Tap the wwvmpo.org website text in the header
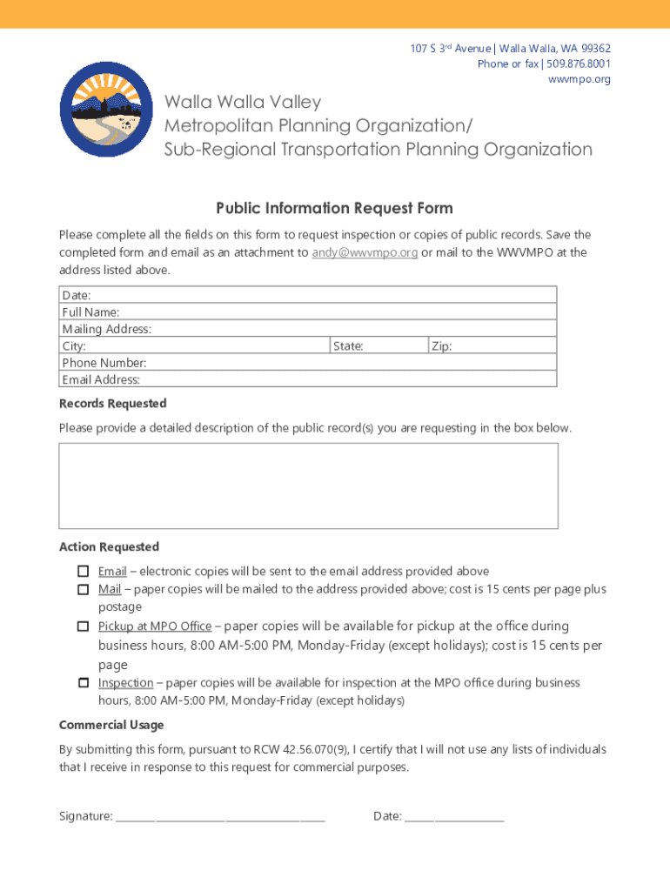(579, 79)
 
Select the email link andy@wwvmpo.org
(365, 253)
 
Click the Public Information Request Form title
(334, 209)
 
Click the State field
(396, 346)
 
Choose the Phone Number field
(348, 363)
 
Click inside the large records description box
(308, 486)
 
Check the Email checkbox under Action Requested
(83, 572)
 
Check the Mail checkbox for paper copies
(83, 589)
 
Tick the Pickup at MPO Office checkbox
(83, 626)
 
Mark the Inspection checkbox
(83, 683)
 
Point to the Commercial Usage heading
(111, 725)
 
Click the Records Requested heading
(112, 404)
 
